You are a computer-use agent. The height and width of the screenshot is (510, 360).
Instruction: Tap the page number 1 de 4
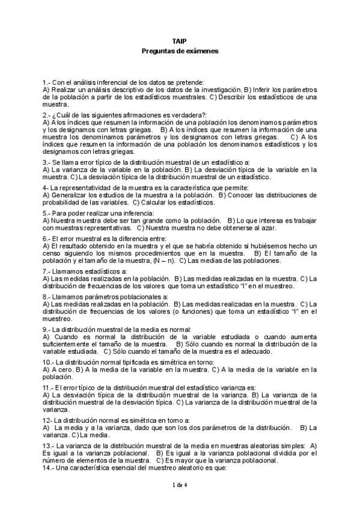(180, 485)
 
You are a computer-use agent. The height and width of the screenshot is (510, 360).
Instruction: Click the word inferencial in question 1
(105, 82)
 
